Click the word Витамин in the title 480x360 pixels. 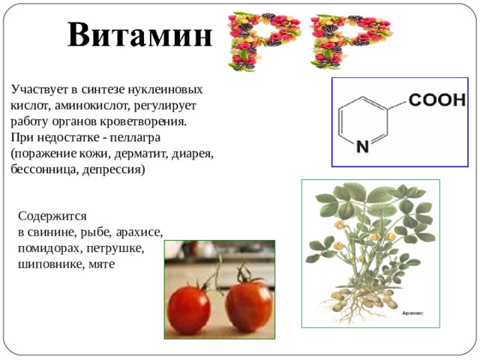click(140, 34)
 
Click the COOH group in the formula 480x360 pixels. click(436, 100)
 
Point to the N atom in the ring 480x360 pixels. click(363, 147)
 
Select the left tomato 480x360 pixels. click(189, 310)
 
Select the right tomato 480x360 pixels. click(248, 306)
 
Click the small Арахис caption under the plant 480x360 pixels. click(412, 313)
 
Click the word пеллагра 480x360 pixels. click(135, 137)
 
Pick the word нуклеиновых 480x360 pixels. click(165, 90)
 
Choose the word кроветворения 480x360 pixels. click(143, 121)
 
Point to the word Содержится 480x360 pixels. click(52, 217)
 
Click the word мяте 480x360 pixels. click(102, 265)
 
